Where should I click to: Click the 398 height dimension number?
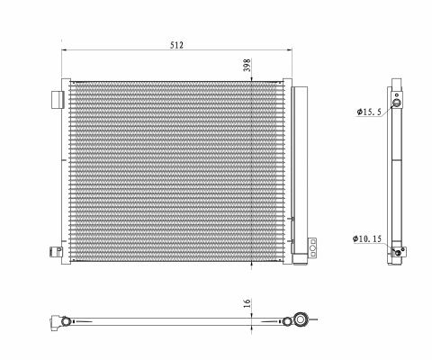(247, 65)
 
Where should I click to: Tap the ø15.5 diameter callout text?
(371, 112)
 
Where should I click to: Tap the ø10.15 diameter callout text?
(371, 238)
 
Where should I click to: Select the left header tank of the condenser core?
(65, 171)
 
